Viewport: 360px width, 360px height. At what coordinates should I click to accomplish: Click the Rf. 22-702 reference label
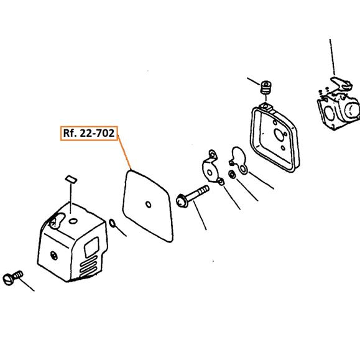89,133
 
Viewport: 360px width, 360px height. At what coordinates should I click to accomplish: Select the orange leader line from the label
124,152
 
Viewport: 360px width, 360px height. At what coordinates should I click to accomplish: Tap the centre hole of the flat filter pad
149,205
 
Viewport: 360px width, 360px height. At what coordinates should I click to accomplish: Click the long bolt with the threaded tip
192,196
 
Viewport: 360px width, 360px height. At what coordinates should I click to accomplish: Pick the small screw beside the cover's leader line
13,278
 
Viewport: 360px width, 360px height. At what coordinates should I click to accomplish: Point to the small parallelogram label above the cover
71,180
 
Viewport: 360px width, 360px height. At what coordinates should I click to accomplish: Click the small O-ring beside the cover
112,223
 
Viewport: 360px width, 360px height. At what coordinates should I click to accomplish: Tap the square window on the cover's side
92,247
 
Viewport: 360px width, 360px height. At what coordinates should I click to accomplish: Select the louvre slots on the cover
88,267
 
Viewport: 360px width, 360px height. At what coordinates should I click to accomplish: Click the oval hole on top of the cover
73,221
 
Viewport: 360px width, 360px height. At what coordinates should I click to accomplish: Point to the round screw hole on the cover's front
54,256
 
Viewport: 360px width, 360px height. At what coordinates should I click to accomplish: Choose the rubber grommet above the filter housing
266,87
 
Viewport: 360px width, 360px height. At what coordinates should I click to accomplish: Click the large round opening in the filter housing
279,135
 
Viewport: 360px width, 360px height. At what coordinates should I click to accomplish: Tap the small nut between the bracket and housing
232,174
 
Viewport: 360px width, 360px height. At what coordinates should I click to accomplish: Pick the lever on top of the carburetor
341,83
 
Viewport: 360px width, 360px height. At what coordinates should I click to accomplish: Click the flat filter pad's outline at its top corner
131,170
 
